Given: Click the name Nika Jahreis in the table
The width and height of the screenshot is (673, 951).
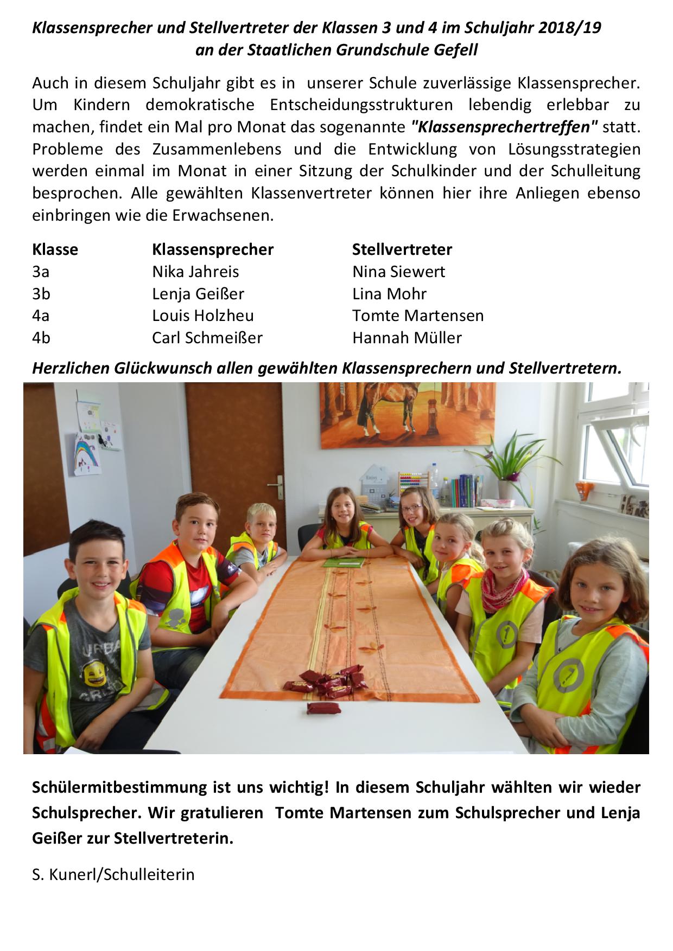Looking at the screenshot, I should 195,272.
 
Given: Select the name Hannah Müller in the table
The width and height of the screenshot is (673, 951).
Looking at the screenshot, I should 407,338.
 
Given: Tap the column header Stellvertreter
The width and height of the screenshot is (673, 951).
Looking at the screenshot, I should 402,249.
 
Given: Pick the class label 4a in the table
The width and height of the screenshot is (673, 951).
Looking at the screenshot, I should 41,316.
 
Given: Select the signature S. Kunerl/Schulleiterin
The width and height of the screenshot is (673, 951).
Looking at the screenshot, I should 113,875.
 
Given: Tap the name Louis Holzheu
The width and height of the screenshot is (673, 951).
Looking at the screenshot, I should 202,316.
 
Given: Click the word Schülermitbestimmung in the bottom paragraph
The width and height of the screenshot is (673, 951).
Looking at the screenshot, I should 119,787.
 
